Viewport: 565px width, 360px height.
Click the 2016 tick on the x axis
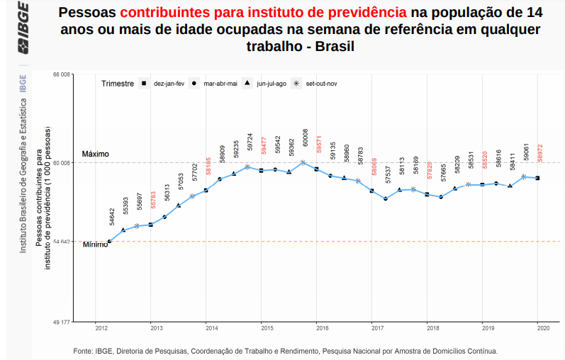click(x=322, y=329)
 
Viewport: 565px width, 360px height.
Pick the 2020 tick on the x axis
click(x=543, y=329)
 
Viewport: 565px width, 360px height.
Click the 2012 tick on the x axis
click(x=101, y=329)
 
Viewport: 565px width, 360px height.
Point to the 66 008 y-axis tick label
click(x=61, y=74)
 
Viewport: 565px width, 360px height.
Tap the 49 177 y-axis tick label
click(x=61, y=322)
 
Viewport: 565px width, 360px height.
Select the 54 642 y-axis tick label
click(x=61, y=242)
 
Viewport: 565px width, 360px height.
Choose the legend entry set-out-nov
click(x=320, y=84)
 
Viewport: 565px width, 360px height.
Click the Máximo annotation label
click(x=96, y=154)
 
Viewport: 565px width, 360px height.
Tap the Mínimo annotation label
click(x=95, y=245)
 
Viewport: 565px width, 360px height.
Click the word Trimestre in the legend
click(x=118, y=84)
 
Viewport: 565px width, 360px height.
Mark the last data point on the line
click(x=537, y=178)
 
